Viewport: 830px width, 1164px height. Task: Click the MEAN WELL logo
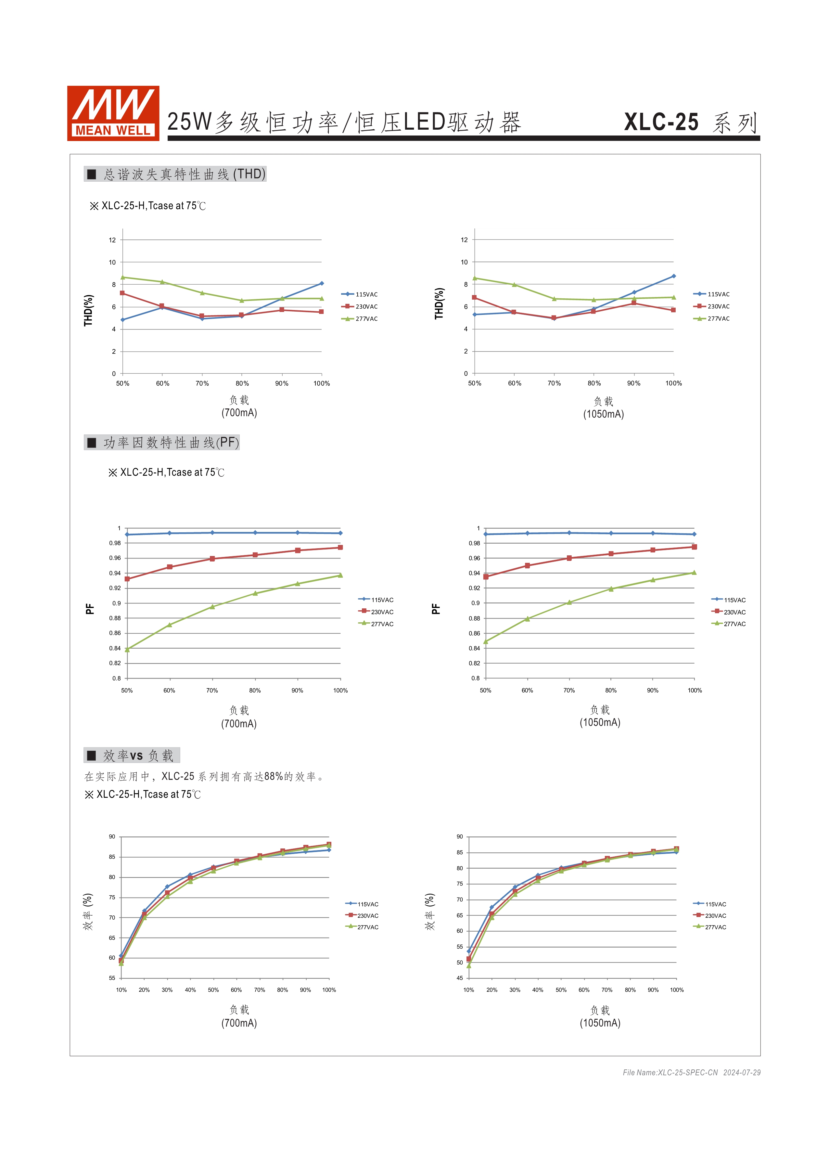click(113, 113)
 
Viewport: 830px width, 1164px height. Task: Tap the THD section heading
click(175, 174)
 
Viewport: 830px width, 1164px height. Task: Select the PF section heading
click(162, 442)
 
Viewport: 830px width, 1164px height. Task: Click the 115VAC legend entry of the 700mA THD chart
click(360, 294)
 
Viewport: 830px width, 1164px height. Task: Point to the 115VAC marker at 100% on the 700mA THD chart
click(322, 283)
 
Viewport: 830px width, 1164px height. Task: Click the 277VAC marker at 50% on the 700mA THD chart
click(123, 278)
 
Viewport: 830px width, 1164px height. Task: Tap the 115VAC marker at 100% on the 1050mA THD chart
click(674, 276)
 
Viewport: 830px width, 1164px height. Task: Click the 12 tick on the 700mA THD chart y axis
click(112, 240)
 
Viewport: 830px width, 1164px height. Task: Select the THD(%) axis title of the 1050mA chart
click(439, 304)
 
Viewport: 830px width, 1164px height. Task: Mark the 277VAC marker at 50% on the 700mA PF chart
click(127, 650)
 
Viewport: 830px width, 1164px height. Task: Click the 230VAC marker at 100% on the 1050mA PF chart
click(694, 547)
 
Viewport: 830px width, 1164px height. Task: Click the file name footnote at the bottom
click(691, 1072)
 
